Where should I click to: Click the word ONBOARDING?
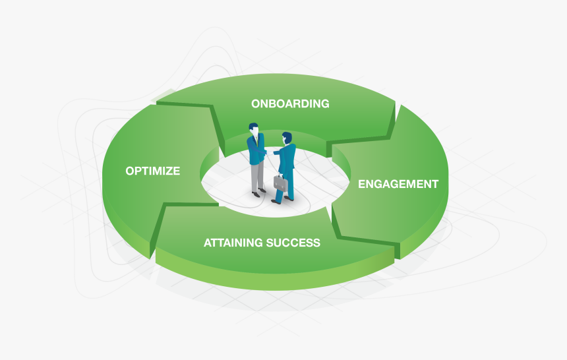click(x=290, y=104)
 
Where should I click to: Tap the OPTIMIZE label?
click(x=152, y=171)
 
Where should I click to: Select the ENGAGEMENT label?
click(x=398, y=184)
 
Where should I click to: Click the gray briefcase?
click(x=281, y=184)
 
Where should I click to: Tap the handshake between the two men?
click(x=270, y=153)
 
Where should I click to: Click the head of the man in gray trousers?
click(x=254, y=129)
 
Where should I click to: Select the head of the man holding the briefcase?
click(x=287, y=138)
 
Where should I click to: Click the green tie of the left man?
click(x=257, y=139)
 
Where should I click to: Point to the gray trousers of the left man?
click(x=258, y=177)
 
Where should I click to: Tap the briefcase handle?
click(x=280, y=176)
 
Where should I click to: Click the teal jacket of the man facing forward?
click(x=256, y=149)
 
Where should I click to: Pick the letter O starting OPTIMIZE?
click(x=130, y=171)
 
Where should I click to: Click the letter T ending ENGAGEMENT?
click(x=434, y=184)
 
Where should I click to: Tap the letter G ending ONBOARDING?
click(x=324, y=104)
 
